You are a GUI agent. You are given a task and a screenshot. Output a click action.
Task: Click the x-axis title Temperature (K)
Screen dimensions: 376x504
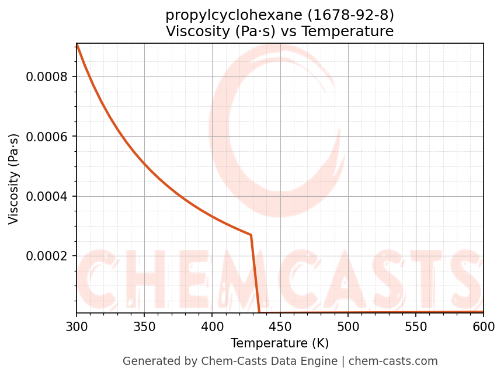click(280, 343)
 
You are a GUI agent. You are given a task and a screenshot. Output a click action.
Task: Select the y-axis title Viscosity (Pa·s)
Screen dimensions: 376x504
click(14, 179)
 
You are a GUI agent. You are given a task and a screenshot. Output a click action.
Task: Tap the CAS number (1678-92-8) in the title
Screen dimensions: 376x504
click(351, 15)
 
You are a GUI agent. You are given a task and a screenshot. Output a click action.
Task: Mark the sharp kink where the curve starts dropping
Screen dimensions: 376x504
click(251, 235)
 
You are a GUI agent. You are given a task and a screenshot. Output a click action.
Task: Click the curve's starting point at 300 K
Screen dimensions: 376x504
click(77, 44)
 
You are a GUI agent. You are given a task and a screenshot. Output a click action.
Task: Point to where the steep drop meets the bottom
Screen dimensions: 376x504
click(259, 312)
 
